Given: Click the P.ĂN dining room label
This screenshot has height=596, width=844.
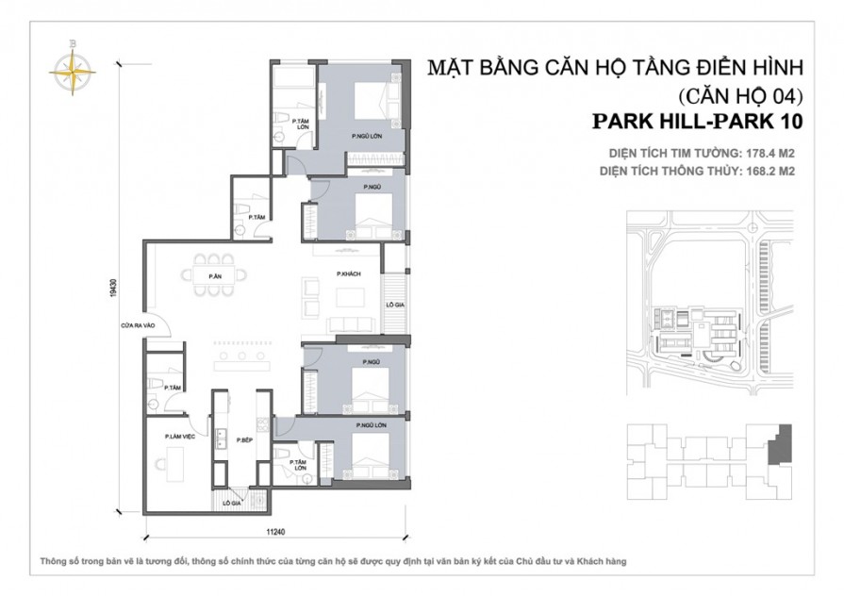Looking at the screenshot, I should click(215, 275).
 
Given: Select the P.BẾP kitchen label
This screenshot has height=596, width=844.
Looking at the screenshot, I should click(245, 440).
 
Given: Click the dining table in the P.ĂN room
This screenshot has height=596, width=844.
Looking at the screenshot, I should click(215, 275).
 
